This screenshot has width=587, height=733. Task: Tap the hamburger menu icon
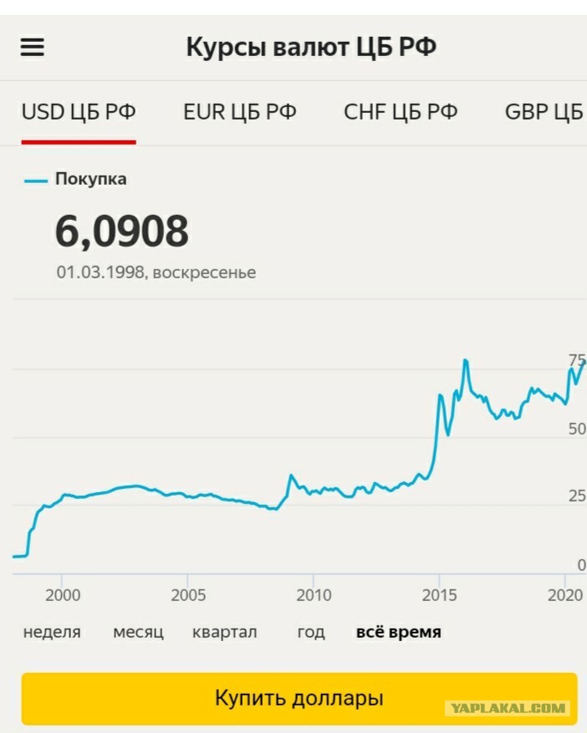tap(33, 47)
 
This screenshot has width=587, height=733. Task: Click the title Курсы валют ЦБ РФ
tap(312, 47)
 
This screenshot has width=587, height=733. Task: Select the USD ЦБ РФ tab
tap(79, 112)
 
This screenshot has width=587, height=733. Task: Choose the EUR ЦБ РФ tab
tap(240, 112)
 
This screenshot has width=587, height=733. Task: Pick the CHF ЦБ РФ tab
tap(401, 112)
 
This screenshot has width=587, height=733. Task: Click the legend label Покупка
tap(91, 179)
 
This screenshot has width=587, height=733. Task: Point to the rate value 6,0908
tap(122, 231)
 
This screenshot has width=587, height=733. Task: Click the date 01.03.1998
tap(100, 272)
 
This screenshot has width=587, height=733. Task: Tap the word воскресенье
tap(204, 272)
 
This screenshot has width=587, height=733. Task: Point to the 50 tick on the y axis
tap(577, 429)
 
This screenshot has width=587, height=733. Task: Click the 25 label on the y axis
tap(577, 496)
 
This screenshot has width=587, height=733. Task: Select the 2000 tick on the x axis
tap(63, 595)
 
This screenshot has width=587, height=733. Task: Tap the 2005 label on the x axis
tap(188, 595)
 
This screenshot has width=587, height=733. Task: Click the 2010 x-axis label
tap(314, 595)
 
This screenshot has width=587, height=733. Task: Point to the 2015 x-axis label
tap(439, 595)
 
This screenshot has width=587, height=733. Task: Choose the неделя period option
tap(52, 633)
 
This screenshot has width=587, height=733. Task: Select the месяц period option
tap(139, 633)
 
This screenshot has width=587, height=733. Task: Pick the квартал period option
tap(224, 633)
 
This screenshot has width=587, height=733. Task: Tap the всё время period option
tap(399, 632)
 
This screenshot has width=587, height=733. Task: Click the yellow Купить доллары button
tap(299, 699)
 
